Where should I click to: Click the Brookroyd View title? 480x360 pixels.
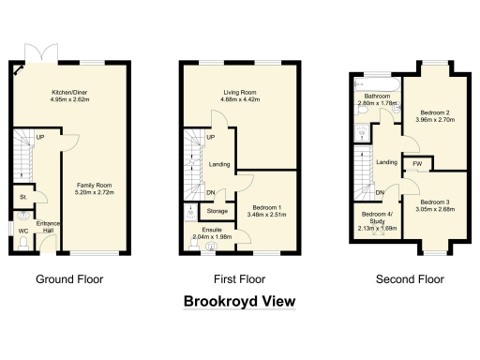click(239, 301)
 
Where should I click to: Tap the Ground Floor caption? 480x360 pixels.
click(69, 278)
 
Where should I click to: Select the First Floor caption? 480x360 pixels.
click(240, 278)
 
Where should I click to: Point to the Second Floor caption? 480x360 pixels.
click(410, 278)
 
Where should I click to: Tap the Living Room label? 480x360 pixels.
click(241, 92)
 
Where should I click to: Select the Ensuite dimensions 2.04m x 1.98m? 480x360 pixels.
click(211, 237)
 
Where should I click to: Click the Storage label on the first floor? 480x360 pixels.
click(217, 210)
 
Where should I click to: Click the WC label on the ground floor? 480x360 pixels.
click(22, 231)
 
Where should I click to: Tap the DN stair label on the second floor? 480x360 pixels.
click(381, 193)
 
